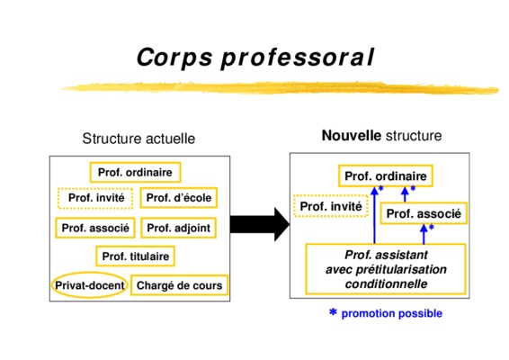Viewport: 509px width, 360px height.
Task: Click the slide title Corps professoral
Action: click(255, 58)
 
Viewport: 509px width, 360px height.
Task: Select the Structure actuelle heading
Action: click(138, 139)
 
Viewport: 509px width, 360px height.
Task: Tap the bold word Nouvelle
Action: click(352, 136)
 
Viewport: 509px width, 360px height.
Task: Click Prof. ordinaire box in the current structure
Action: click(136, 172)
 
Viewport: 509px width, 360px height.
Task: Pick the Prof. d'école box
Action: click(179, 197)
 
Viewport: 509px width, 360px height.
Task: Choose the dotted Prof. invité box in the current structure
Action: click(95, 198)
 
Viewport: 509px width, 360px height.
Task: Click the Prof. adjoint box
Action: click(179, 228)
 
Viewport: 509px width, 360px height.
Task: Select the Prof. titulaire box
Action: click(136, 256)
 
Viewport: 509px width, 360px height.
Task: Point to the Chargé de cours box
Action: click(179, 285)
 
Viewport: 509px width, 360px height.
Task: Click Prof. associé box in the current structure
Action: click(95, 228)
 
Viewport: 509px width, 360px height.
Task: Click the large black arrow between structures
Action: click(260, 224)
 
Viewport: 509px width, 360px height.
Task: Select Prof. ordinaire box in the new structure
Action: click(386, 176)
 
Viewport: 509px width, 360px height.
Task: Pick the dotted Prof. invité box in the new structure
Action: click(330, 206)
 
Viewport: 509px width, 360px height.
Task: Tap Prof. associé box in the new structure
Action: click(424, 213)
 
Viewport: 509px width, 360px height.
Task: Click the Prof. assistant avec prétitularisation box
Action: click(386, 269)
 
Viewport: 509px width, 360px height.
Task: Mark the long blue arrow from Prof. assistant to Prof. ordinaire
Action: click(375, 215)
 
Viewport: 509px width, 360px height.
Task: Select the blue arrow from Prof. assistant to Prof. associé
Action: click(424, 234)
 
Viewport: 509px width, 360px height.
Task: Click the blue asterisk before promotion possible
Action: click(333, 312)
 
